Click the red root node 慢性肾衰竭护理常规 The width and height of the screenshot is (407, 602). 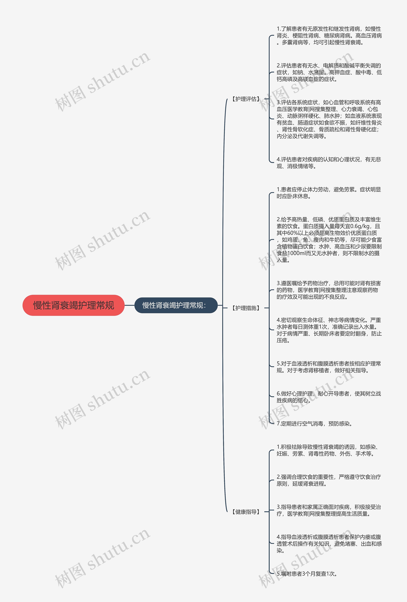pyautogui.click(x=74, y=305)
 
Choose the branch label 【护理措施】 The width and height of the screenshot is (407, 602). pyautogui.click(x=246, y=308)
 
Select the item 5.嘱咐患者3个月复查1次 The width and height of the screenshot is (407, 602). pyautogui.click(x=307, y=574)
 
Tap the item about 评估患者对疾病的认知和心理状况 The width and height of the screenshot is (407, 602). pyautogui.click(x=328, y=163)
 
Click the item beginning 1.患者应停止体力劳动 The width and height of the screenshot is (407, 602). pyautogui.click(x=328, y=193)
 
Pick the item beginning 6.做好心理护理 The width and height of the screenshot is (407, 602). pyautogui.click(x=328, y=397)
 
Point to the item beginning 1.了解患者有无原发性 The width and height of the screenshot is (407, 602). pyautogui.click(x=328, y=35)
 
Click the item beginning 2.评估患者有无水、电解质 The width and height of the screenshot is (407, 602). pyautogui.click(x=328, y=72)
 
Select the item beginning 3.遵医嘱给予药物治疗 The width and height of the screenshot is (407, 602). pyautogui.click(x=328, y=290)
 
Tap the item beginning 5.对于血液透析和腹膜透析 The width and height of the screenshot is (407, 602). pyautogui.click(x=328, y=367)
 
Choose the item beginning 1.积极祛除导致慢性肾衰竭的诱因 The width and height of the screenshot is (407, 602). pyautogui.click(x=328, y=450)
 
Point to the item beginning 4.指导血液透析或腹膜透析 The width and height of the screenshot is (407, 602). pyautogui.click(x=328, y=544)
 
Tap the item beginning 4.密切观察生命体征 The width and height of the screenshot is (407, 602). pyautogui.click(x=328, y=330)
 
